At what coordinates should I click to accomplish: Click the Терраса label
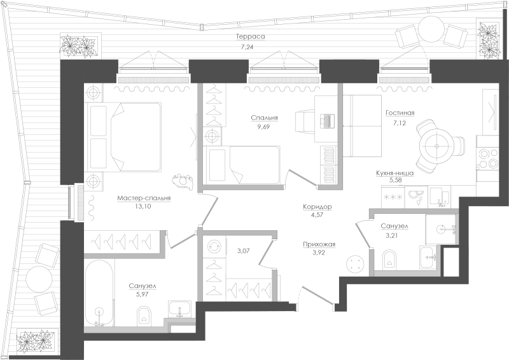coord(250,36)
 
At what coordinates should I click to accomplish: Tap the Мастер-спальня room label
coord(144,198)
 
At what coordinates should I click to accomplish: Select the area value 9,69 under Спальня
coord(263,127)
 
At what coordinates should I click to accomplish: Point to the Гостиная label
coord(400,113)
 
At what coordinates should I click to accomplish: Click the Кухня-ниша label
coord(394,173)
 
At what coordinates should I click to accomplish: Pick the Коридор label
coord(317,207)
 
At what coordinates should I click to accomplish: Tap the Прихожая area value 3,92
coord(319,253)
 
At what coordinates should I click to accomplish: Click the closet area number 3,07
coord(244,251)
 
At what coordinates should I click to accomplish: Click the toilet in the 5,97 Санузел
coord(144,315)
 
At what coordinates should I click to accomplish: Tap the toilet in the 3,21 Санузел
coord(389,259)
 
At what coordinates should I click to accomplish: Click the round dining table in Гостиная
coord(436,146)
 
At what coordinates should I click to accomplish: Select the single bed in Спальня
coord(242,165)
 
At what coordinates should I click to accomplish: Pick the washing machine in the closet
coord(214,246)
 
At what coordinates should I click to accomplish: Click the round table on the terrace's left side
coord(39,279)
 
